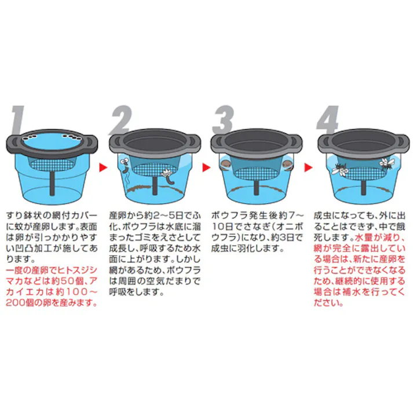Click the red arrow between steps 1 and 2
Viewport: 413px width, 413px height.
pos(103,167)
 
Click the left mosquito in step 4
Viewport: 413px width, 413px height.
pos(342,170)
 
